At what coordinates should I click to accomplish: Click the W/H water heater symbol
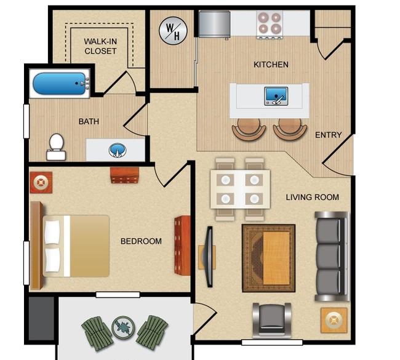tap(173, 31)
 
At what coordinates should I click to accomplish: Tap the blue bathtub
tap(59, 83)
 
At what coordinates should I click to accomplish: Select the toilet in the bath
tap(56, 147)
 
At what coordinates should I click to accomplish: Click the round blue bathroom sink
tap(118, 150)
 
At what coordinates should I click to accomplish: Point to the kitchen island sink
tap(276, 96)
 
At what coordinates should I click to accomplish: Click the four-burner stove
tap(270, 25)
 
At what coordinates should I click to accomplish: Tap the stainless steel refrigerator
tap(214, 24)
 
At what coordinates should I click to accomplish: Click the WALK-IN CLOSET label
tap(100, 46)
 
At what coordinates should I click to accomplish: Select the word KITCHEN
tap(271, 65)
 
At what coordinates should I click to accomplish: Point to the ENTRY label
tap(329, 135)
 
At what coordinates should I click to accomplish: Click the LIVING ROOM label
tap(312, 197)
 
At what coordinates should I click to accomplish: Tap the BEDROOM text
tap(141, 241)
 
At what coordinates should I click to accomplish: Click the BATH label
tap(89, 121)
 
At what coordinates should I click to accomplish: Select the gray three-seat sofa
tap(332, 256)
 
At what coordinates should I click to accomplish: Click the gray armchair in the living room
tap(272, 319)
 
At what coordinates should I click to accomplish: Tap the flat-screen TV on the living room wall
tap(209, 257)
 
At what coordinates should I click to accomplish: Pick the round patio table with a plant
tap(123, 327)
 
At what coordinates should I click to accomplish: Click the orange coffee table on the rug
tap(276, 258)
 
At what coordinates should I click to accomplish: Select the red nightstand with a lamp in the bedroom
tap(41, 182)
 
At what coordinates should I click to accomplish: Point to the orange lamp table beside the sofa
tap(334, 320)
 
